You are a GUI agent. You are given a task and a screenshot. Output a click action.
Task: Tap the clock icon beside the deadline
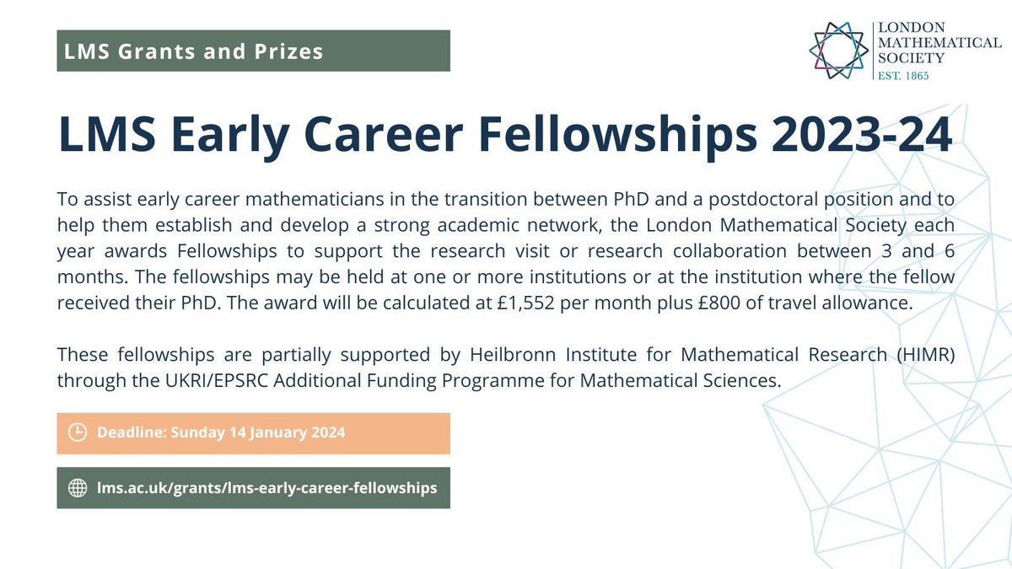click(x=77, y=432)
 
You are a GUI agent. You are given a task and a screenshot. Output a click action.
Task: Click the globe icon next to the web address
click(x=77, y=487)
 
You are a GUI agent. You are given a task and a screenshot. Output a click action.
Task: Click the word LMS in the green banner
click(x=83, y=51)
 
